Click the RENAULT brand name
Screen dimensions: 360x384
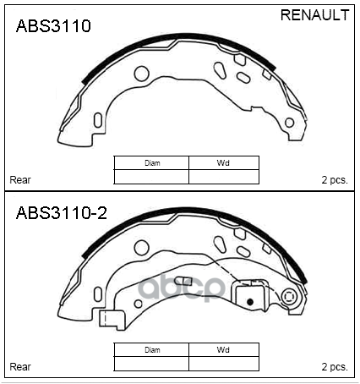coord(314,15)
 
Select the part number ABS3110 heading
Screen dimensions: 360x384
coord(53,26)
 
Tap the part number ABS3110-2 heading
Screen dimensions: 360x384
coord(62,212)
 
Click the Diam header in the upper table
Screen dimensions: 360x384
coord(152,163)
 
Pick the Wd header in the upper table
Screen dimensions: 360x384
coord(223,163)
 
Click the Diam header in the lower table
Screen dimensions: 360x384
coord(152,350)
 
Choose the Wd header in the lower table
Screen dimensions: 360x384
coord(223,350)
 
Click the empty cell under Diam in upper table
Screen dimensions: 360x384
coord(151,177)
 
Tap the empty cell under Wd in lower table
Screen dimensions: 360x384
coord(224,364)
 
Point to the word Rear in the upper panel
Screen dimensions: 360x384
coord(20,180)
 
